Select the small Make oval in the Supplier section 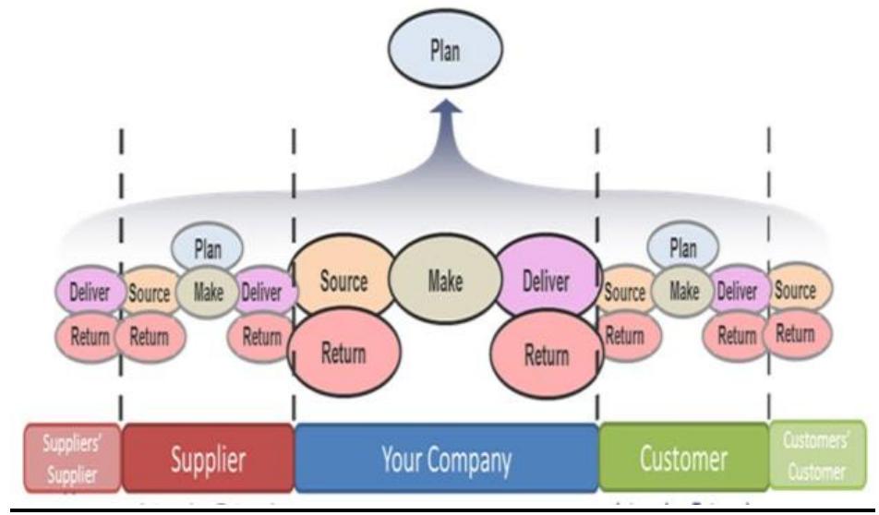pyautogui.click(x=207, y=293)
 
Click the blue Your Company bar pyautogui.click(x=446, y=458)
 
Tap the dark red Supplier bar pyautogui.click(x=208, y=458)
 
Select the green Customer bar pyautogui.click(x=683, y=458)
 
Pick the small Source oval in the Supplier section pyautogui.click(x=148, y=293)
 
